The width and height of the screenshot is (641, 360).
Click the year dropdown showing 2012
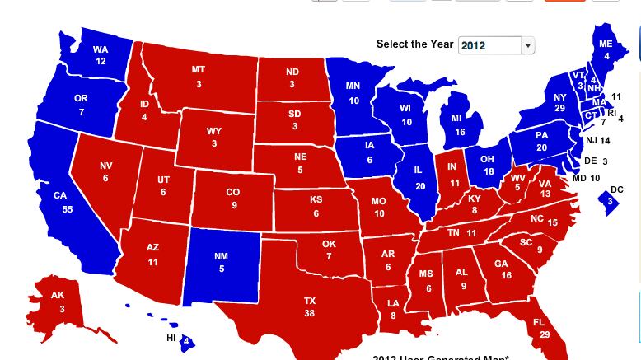[489, 45]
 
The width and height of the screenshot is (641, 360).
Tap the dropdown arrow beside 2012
[528, 46]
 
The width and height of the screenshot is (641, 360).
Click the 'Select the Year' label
[414, 44]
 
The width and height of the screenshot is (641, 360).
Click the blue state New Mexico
[221, 262]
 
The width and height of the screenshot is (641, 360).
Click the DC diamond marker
[610, 201]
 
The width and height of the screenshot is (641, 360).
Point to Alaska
[57, 302]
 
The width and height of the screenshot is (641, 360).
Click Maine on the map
[606, 49]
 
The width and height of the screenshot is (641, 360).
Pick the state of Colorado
[234, 199]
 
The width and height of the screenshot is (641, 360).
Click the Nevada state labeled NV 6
[105, 172]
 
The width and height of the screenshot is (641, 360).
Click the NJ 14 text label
[597, 141]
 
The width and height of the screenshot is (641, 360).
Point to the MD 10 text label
[586, 178]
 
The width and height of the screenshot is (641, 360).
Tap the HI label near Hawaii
[171, 338]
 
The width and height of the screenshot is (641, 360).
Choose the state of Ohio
[488, 166]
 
